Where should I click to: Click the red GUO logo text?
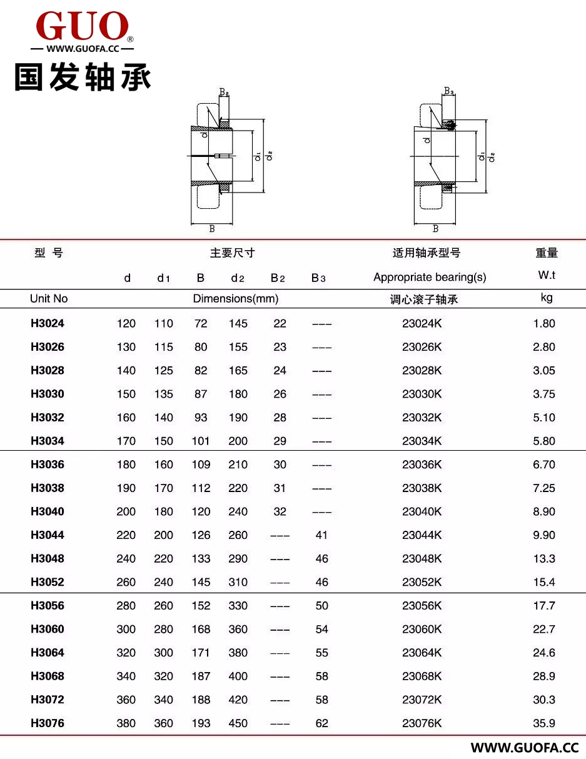83,26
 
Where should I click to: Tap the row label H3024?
47,324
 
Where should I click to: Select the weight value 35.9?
543,723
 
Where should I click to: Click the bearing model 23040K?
422,511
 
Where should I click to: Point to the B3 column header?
318,278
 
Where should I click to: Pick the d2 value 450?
238,723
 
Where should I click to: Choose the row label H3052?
47,582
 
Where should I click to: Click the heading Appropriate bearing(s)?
429,277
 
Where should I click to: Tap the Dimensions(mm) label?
235,299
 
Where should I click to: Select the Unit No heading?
48,299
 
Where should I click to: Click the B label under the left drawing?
212,229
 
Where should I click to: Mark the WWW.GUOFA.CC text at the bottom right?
525,748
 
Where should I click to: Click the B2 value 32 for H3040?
280,511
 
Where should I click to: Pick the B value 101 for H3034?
200,441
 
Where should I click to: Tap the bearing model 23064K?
422,653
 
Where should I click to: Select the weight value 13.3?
543,559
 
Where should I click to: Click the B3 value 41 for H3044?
321,535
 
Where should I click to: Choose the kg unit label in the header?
546,298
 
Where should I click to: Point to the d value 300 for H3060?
126,630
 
